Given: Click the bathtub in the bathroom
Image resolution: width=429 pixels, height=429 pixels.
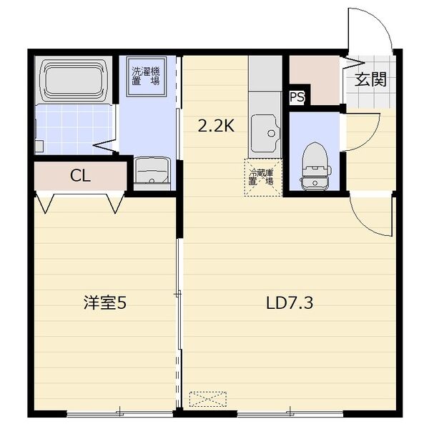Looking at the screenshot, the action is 74,80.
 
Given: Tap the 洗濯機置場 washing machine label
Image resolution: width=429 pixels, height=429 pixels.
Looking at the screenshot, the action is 146,76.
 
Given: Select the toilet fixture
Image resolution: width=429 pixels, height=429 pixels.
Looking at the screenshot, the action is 315,166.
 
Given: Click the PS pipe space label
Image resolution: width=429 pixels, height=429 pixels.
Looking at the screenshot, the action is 297,97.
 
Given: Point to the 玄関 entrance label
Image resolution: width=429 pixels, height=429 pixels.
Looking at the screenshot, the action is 370,79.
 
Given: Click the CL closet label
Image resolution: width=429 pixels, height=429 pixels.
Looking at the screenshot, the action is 80,176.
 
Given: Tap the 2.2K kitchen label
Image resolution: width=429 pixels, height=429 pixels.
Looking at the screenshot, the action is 216,126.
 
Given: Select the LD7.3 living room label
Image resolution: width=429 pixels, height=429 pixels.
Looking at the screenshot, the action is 290,303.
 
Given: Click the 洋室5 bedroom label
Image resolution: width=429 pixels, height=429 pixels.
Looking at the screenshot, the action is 105,303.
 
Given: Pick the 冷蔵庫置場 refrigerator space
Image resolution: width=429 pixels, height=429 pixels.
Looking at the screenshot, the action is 263,177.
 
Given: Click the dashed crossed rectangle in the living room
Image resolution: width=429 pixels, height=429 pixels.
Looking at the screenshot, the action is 208,399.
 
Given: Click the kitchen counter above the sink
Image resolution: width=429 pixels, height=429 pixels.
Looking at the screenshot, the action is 265,74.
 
